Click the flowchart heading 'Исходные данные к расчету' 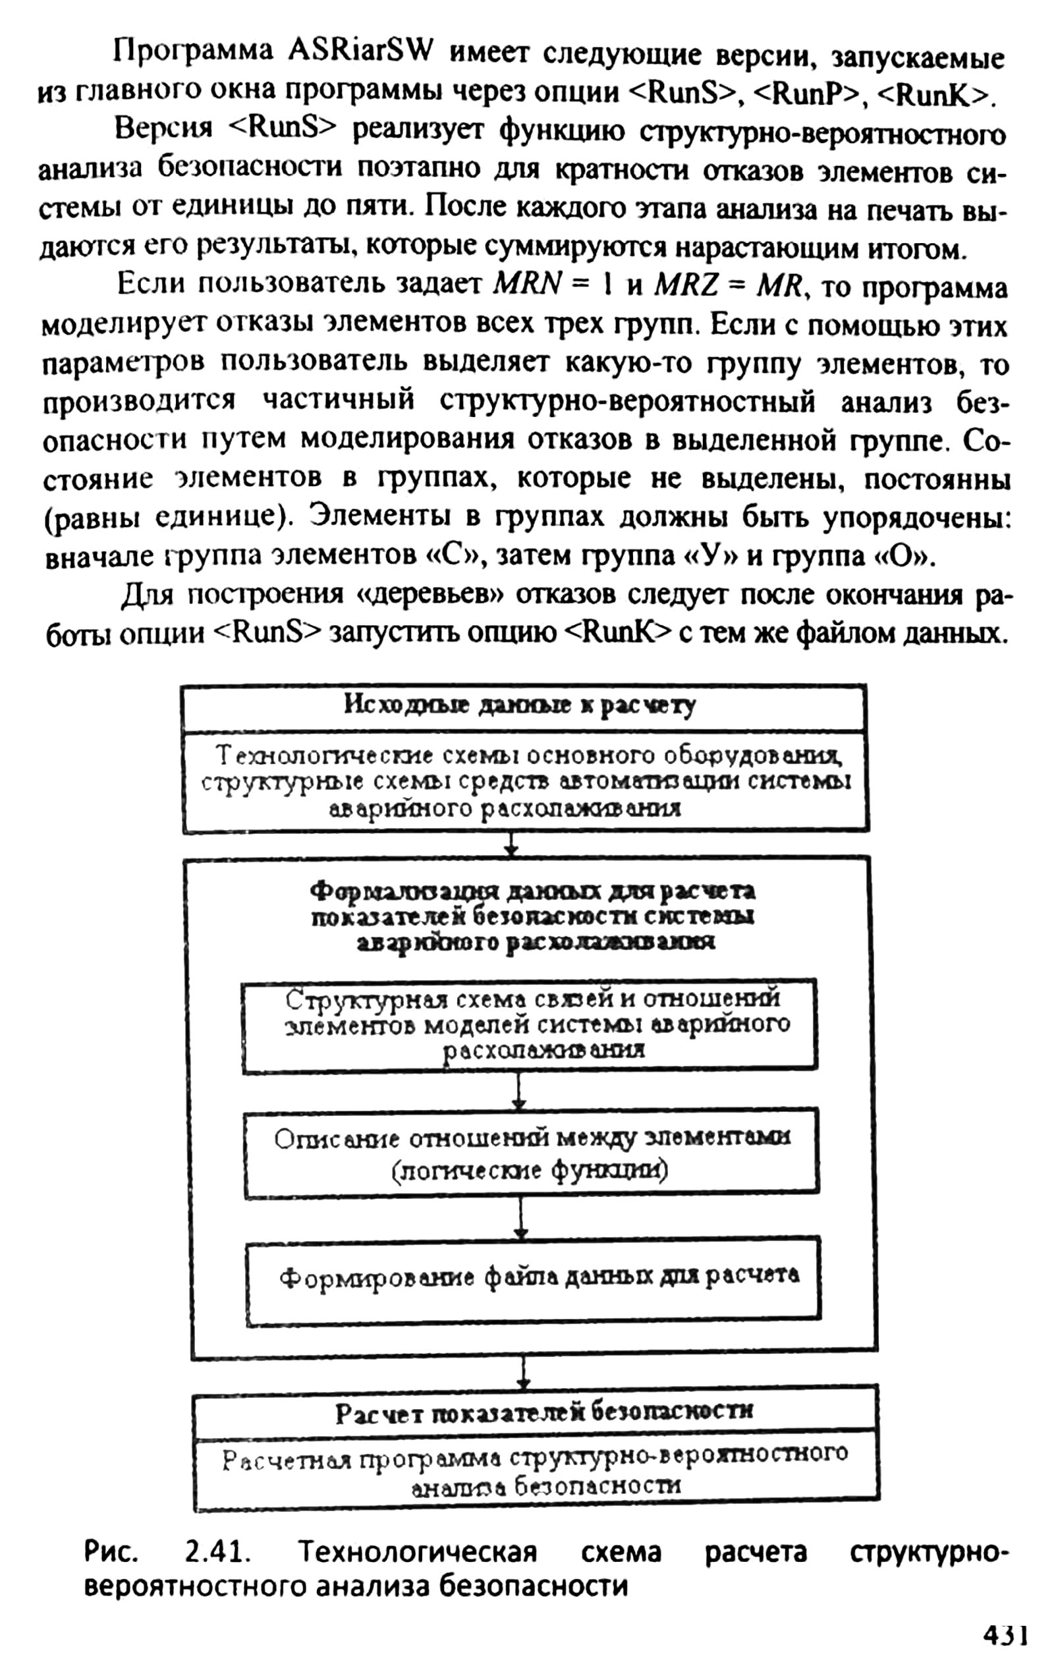pyautogui.click(x=520, y=706)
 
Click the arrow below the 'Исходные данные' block pyautogui.click(x=511, y=844)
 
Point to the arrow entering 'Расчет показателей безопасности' pyautogui.click(x=525, y=1372)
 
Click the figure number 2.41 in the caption pyautogui.click(x=217, y=1554)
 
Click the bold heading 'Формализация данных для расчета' pyautogui.click(x=533, y=892)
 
